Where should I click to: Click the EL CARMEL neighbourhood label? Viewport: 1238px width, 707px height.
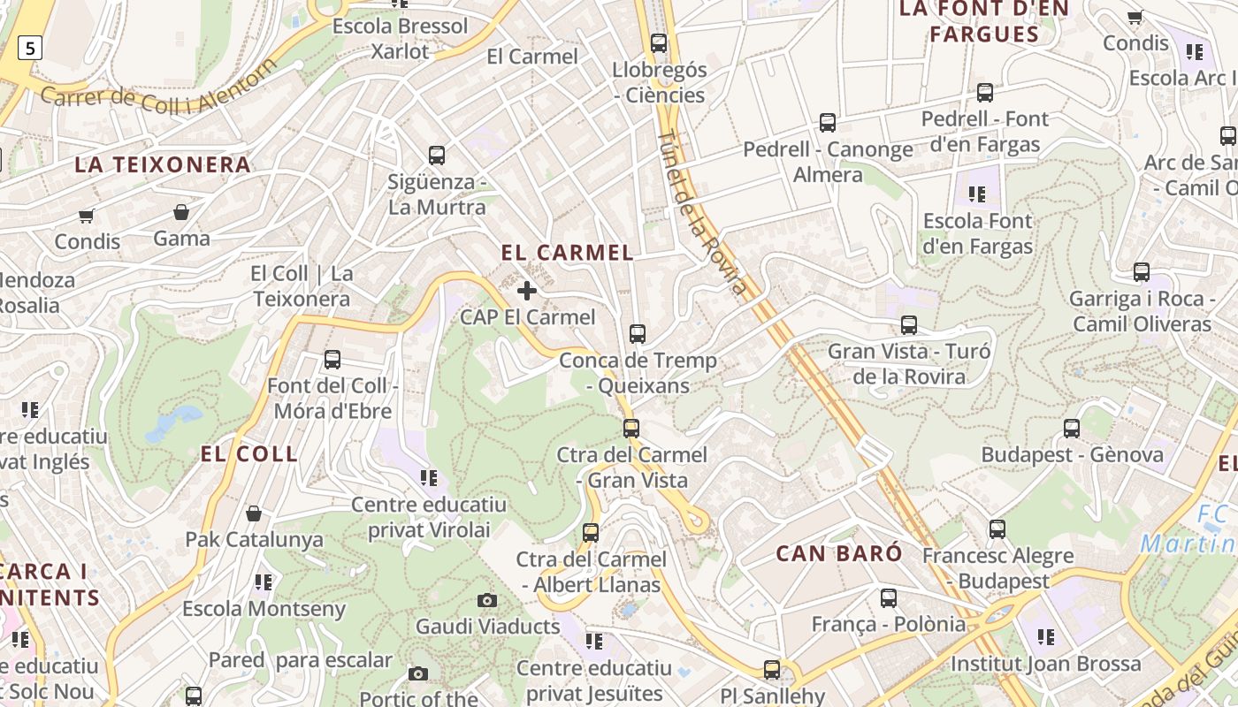(x=567, y=253)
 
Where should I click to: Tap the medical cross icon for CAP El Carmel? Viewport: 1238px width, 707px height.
(x=527, y=291)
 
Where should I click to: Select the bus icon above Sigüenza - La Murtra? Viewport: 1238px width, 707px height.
(x=437, y=156)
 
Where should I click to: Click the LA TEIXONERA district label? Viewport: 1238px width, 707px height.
(x=163, y=164)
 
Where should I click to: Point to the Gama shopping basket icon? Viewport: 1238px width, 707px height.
(x=181, y=212)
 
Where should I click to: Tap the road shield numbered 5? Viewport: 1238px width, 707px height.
(x=30, y=48)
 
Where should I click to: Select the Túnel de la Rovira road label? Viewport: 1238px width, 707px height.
(x=703, y=212)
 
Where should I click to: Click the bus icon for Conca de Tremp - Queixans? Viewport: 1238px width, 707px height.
(x=638, y=334)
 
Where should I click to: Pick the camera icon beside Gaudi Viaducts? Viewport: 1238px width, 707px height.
(x=487, y=601)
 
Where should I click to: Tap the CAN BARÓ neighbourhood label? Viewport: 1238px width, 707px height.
(x=839, y=554)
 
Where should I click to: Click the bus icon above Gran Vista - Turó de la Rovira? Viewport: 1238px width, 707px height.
(x=909, y=325)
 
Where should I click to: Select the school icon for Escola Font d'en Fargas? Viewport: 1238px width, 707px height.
(x=977, y=194)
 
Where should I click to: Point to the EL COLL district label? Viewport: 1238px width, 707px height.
(x=249, y=454)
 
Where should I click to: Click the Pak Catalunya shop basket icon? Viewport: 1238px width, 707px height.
(x=254, y=513)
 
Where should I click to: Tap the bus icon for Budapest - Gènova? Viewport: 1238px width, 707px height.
(x=1072, y=429)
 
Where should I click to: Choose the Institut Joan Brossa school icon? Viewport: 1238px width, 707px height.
(x=1046, y=637)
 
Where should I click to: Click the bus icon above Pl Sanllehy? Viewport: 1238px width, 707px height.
(x=772, y=670)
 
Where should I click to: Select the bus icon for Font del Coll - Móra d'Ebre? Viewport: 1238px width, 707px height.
(x=332, y=360)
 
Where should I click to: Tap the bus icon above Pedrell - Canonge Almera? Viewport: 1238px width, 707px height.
(x=828, y=123)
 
